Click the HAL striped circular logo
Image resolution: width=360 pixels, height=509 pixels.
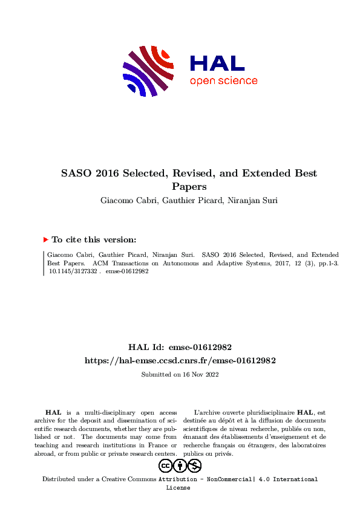coord(149,71)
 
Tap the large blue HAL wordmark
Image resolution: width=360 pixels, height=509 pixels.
coord(217,63)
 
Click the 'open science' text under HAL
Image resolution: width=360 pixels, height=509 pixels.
coord(223,81)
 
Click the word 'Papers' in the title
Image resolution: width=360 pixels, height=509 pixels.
coord(189,187)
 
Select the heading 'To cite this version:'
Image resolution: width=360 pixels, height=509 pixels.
coord(94,240)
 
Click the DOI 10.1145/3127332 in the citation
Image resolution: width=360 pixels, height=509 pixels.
coord(73,271)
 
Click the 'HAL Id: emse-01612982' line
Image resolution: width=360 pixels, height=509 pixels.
coord(180,347)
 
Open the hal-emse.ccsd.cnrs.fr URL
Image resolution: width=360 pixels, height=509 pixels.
coord(180,360)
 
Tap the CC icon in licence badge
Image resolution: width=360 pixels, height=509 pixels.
coord(165,465)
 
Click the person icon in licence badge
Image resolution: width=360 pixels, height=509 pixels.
coord(180,465)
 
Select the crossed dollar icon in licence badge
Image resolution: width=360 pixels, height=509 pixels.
coord(194,465)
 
